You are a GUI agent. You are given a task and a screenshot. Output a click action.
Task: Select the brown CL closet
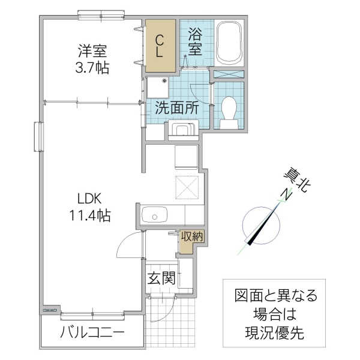[x=161, y=46]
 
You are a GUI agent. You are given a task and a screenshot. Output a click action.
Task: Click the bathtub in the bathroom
[x=229, y=43]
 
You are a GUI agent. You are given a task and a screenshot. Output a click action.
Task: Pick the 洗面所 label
[x=177, y=109]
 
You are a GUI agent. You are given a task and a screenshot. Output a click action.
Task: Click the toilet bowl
[x=229, y=111]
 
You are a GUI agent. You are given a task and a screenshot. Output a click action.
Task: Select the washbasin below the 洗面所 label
[x=183, y=131]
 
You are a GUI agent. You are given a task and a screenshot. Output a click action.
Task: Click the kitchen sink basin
[x=155, y=214]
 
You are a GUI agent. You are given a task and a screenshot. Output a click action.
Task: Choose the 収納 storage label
[x=193, y=237]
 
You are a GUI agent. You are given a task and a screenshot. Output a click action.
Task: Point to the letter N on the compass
[x=287, y=194]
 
